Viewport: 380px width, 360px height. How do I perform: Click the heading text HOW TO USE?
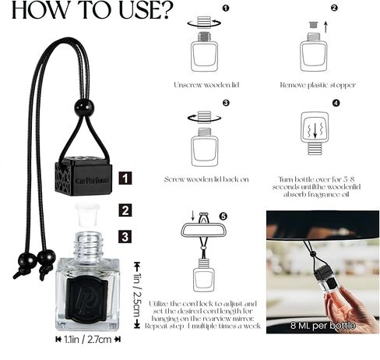click(x=86, y=12)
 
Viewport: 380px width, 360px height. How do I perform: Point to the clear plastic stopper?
click(x=87, y=211)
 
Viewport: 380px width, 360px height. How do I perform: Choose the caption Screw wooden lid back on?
click(x=206, y=179)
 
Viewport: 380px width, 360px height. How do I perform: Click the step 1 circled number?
click(x=226, y=9)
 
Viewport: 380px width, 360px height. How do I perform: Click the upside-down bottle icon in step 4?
click(x=314, y=134)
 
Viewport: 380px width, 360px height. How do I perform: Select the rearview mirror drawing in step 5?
click(x=203, y=228)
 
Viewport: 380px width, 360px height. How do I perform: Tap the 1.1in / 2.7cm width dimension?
click(x=88, y=340)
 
